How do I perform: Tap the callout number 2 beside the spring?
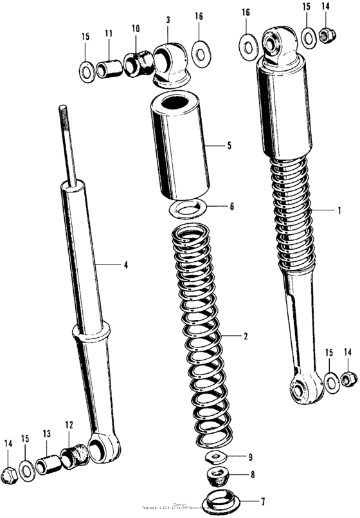pyautogui.click(x=245, y=337)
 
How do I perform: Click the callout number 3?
pyautogui.click(x=168, y=21)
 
